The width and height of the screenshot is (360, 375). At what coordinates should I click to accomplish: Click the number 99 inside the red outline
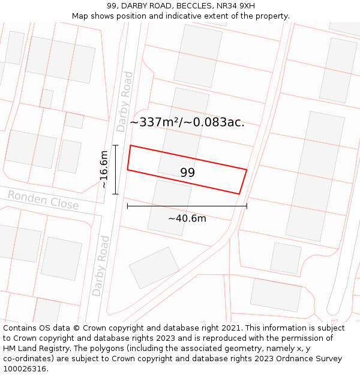[x=187, y=173]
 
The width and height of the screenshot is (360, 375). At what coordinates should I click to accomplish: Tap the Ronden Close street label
[x=43, y=200]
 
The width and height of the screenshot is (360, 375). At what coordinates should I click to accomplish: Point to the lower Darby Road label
[x=101, y=266]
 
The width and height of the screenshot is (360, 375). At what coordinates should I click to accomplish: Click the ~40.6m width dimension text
[x=187, y=218]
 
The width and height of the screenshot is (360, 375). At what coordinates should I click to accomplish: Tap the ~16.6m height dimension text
[x=104, y=170]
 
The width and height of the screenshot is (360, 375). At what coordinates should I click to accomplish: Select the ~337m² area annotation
[x=187, y=122]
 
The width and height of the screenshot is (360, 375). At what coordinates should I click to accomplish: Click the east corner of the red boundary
[x=247, y=169]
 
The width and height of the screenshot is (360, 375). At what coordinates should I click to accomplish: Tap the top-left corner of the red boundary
[x=130, y=145]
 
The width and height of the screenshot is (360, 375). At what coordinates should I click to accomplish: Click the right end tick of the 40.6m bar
[x=247, y=206]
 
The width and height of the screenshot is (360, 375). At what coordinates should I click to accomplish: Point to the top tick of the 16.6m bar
[x=115, y=145]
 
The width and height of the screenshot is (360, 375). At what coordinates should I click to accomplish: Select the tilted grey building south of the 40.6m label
[x=154, y=268]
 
